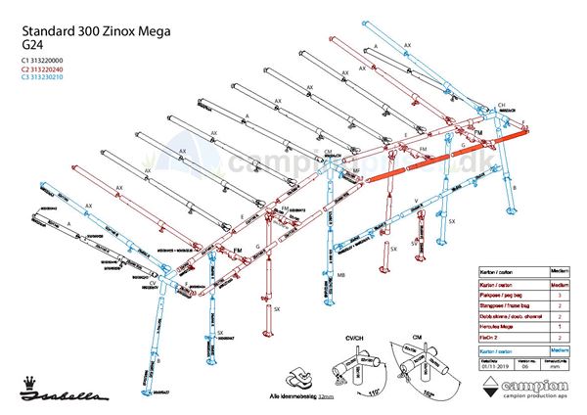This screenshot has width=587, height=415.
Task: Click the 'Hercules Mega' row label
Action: click(498, 326)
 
